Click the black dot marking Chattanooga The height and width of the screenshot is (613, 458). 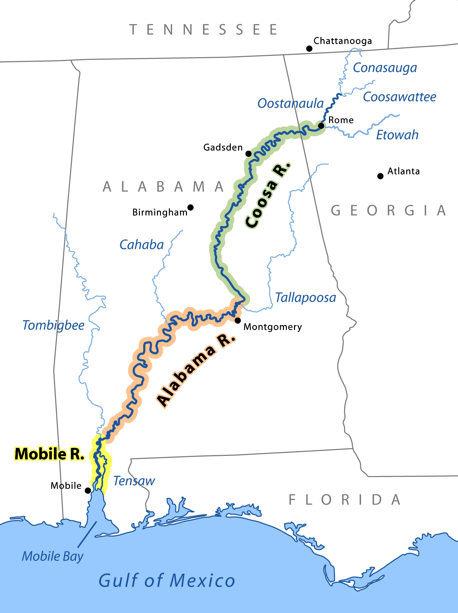point(309,49)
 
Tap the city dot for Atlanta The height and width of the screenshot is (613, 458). point(380,176)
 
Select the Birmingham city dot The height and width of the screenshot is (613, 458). point(191,207)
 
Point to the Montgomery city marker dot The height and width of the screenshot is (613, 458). point(238,320)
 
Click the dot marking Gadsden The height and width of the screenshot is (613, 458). point(249,154)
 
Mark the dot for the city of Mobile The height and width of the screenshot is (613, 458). point(88,491)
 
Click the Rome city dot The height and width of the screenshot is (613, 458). point(321,125)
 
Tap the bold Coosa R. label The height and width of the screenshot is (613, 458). point(268,195)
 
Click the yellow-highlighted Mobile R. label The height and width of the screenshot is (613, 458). point(50,454)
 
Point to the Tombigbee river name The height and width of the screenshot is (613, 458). point(53,325)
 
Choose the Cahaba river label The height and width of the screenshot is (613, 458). point(141,245)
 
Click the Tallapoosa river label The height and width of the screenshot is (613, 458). point(305,298)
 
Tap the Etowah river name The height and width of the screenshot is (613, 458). point(397,135)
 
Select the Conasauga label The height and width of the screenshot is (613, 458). point(385,68)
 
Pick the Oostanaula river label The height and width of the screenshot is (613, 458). point(290,103)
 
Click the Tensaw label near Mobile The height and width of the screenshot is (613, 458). point(134,481)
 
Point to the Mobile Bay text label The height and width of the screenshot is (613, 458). point(53,556)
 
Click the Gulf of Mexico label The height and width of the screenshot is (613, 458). point(167,581)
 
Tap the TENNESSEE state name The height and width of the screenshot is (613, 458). point(204,30)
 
